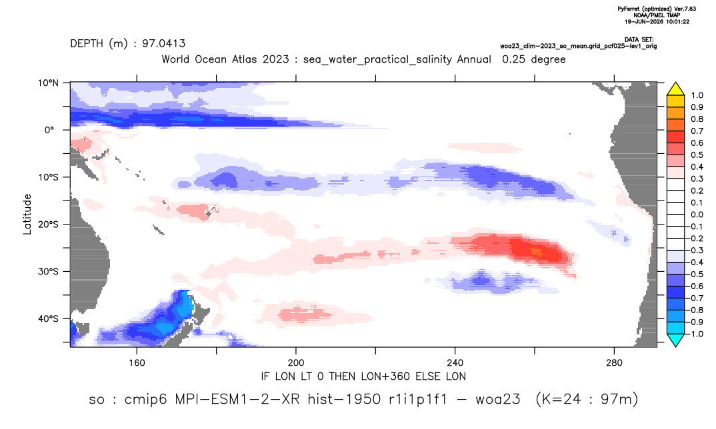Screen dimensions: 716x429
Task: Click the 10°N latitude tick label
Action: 49,83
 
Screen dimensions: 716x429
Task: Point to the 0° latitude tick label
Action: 49,130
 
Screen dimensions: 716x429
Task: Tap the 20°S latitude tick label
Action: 49,224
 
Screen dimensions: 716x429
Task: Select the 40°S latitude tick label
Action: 49,318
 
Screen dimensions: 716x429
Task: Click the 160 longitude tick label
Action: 137,363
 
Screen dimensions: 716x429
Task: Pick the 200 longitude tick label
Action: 296,363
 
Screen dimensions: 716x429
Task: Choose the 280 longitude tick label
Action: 614,363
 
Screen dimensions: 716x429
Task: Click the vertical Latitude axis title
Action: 27,214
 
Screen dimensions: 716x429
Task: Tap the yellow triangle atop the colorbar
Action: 675,89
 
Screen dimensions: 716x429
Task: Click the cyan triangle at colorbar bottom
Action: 675,340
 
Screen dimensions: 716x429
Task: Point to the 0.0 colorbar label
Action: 697,214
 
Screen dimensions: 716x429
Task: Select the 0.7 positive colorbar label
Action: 697,131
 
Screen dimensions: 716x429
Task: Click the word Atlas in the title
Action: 243,59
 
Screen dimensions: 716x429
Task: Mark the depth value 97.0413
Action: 163,43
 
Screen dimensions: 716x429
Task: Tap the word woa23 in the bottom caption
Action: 498,399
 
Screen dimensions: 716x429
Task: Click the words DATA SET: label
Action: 639,40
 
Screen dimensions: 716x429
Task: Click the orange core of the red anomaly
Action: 535,251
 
